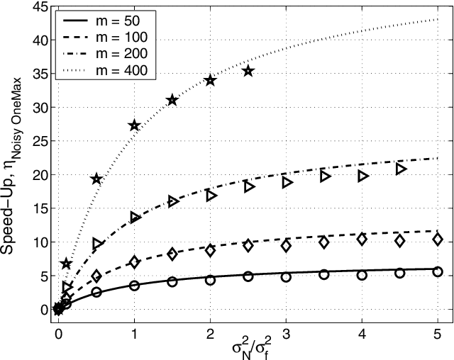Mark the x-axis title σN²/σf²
(248, 349)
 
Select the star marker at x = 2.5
(248, 71)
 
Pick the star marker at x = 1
(135, 125)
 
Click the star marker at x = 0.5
(97, 179)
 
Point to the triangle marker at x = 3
(287, 182)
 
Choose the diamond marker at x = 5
(438, 240)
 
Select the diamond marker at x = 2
(211, 250)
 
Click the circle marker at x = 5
(438, 271)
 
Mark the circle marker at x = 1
(135, 286)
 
